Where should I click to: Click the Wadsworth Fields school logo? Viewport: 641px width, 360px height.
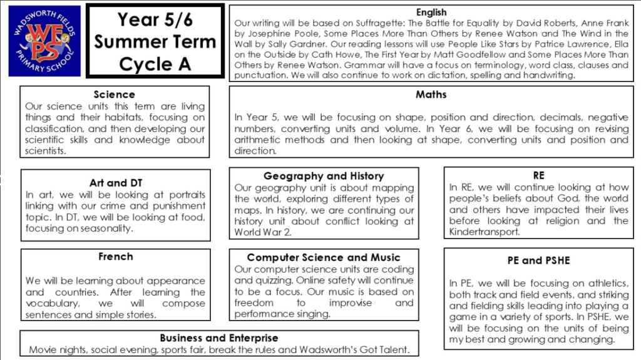(44, 41)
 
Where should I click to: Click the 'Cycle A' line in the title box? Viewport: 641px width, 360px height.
(155, 63)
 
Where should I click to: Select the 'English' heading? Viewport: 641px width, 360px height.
(431, 12)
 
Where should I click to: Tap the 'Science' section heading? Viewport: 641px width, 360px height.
(114, 95)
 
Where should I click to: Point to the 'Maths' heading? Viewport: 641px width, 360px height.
(431, 95)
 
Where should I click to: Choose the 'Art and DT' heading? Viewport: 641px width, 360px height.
(116, 183)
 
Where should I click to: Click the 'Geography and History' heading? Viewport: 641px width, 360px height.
(324, 176)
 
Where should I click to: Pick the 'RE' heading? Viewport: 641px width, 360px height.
(538, 176)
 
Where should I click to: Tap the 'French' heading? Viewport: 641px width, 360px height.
(116, 257)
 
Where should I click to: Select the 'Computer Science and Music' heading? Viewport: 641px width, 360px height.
(324, 257)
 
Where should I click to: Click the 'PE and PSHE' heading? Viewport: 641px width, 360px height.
(538, 260)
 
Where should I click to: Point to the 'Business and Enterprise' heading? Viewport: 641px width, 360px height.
(218, 338)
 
